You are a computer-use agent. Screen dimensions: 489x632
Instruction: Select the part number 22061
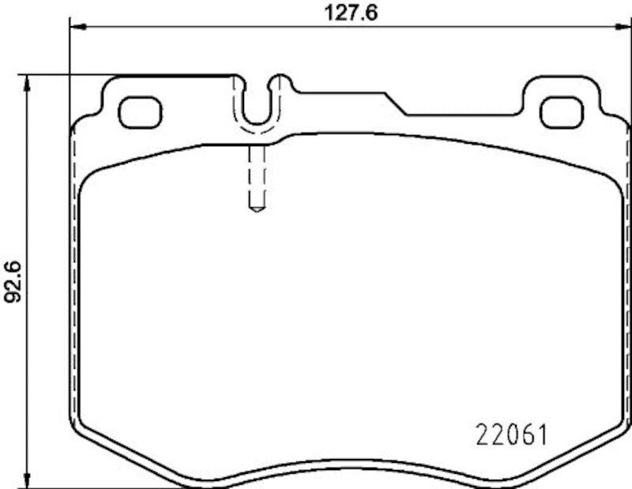pyautogui.click(x=511, y=434)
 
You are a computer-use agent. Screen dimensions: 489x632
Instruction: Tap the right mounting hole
pyautogui.click(x=561, y=111)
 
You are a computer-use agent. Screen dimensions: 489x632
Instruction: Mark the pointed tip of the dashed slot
pyautogui.click(x=256, y=210)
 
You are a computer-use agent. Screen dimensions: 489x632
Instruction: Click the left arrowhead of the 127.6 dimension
pyautogui.click(x=76, y=27)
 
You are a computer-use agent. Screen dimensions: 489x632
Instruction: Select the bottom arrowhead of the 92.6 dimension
pyautogui.click(x=28, y=482)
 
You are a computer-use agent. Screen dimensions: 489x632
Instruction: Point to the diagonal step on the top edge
pyautogui.click(x=395, y=103)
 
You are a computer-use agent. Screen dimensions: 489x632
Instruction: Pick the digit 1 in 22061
pyautogui.click(x=543, y=434)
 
